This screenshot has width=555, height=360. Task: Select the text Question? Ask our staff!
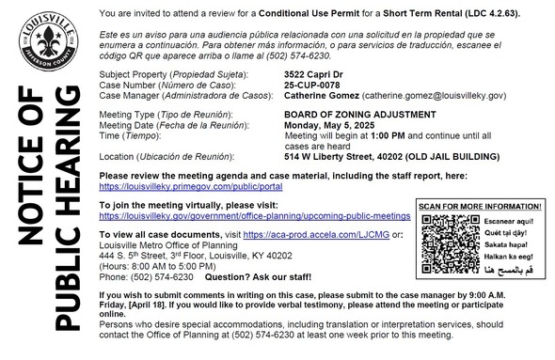point(254,277)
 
